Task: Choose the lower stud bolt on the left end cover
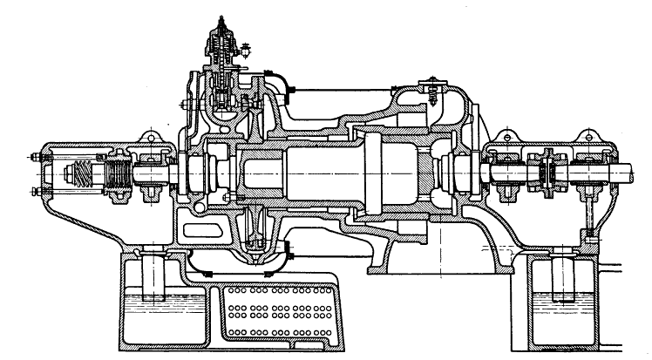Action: tap(33, 190)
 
